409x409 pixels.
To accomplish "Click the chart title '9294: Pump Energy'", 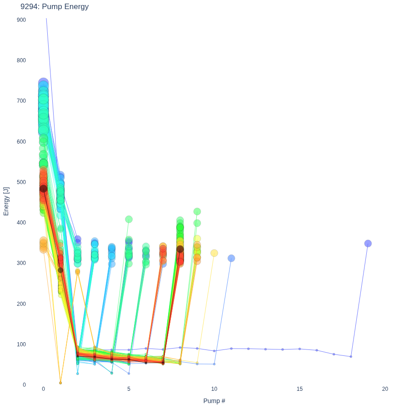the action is [55, 6].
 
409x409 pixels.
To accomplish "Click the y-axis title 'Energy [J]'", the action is [6, 201].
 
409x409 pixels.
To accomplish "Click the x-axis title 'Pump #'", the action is [214, 401].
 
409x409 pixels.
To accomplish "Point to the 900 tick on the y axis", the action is [21, 20].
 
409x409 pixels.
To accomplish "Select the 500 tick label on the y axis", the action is [21, 182].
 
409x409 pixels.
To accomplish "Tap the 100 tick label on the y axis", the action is [21, 344].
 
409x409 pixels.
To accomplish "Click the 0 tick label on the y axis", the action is [24, 385].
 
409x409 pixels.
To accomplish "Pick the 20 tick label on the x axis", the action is [385, 389].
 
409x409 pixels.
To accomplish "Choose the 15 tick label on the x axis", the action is [299, 389].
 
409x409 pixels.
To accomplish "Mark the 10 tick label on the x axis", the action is [214, 389].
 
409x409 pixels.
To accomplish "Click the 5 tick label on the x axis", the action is [129, 389].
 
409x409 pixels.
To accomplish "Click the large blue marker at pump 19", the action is [368, 244].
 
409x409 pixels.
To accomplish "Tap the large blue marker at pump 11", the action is [231, 258].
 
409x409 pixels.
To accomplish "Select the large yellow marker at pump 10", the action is [214, 253].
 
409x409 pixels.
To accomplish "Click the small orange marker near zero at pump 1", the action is [60, 383].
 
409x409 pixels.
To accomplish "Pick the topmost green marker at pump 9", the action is [197, 211].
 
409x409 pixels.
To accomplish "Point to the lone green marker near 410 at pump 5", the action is [129, 219].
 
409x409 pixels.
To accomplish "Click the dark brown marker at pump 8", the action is [180, 249].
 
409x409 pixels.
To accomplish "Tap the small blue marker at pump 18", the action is [351, 356].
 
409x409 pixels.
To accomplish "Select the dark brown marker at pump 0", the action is [43, 189].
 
